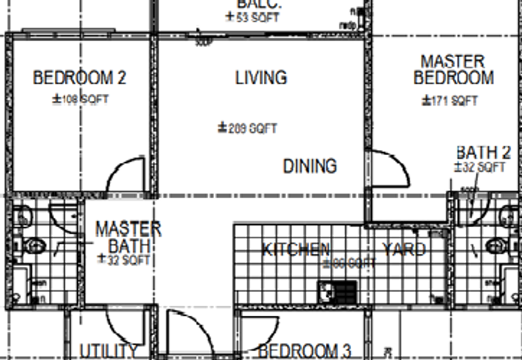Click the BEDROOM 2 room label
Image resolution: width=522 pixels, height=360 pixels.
tap(80, 78)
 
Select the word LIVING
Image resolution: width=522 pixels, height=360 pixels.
tap(261, 78)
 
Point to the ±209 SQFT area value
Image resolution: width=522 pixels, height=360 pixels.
tap(247, 128)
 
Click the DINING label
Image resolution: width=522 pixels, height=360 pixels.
tap(310, 166)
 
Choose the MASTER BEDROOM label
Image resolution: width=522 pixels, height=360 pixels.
tap(453, 70)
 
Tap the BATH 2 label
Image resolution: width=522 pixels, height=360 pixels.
tap(483, 153)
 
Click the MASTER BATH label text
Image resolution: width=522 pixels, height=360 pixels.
tap(128, 237)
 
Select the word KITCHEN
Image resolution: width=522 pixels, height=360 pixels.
tap(296, 249)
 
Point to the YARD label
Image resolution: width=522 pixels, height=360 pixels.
tap(404, 249)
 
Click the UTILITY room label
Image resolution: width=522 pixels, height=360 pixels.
tap(108, 351)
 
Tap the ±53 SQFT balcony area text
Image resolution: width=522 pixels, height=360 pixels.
tap(252, 18)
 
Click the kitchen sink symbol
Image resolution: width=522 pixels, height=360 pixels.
tap(337, 290)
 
